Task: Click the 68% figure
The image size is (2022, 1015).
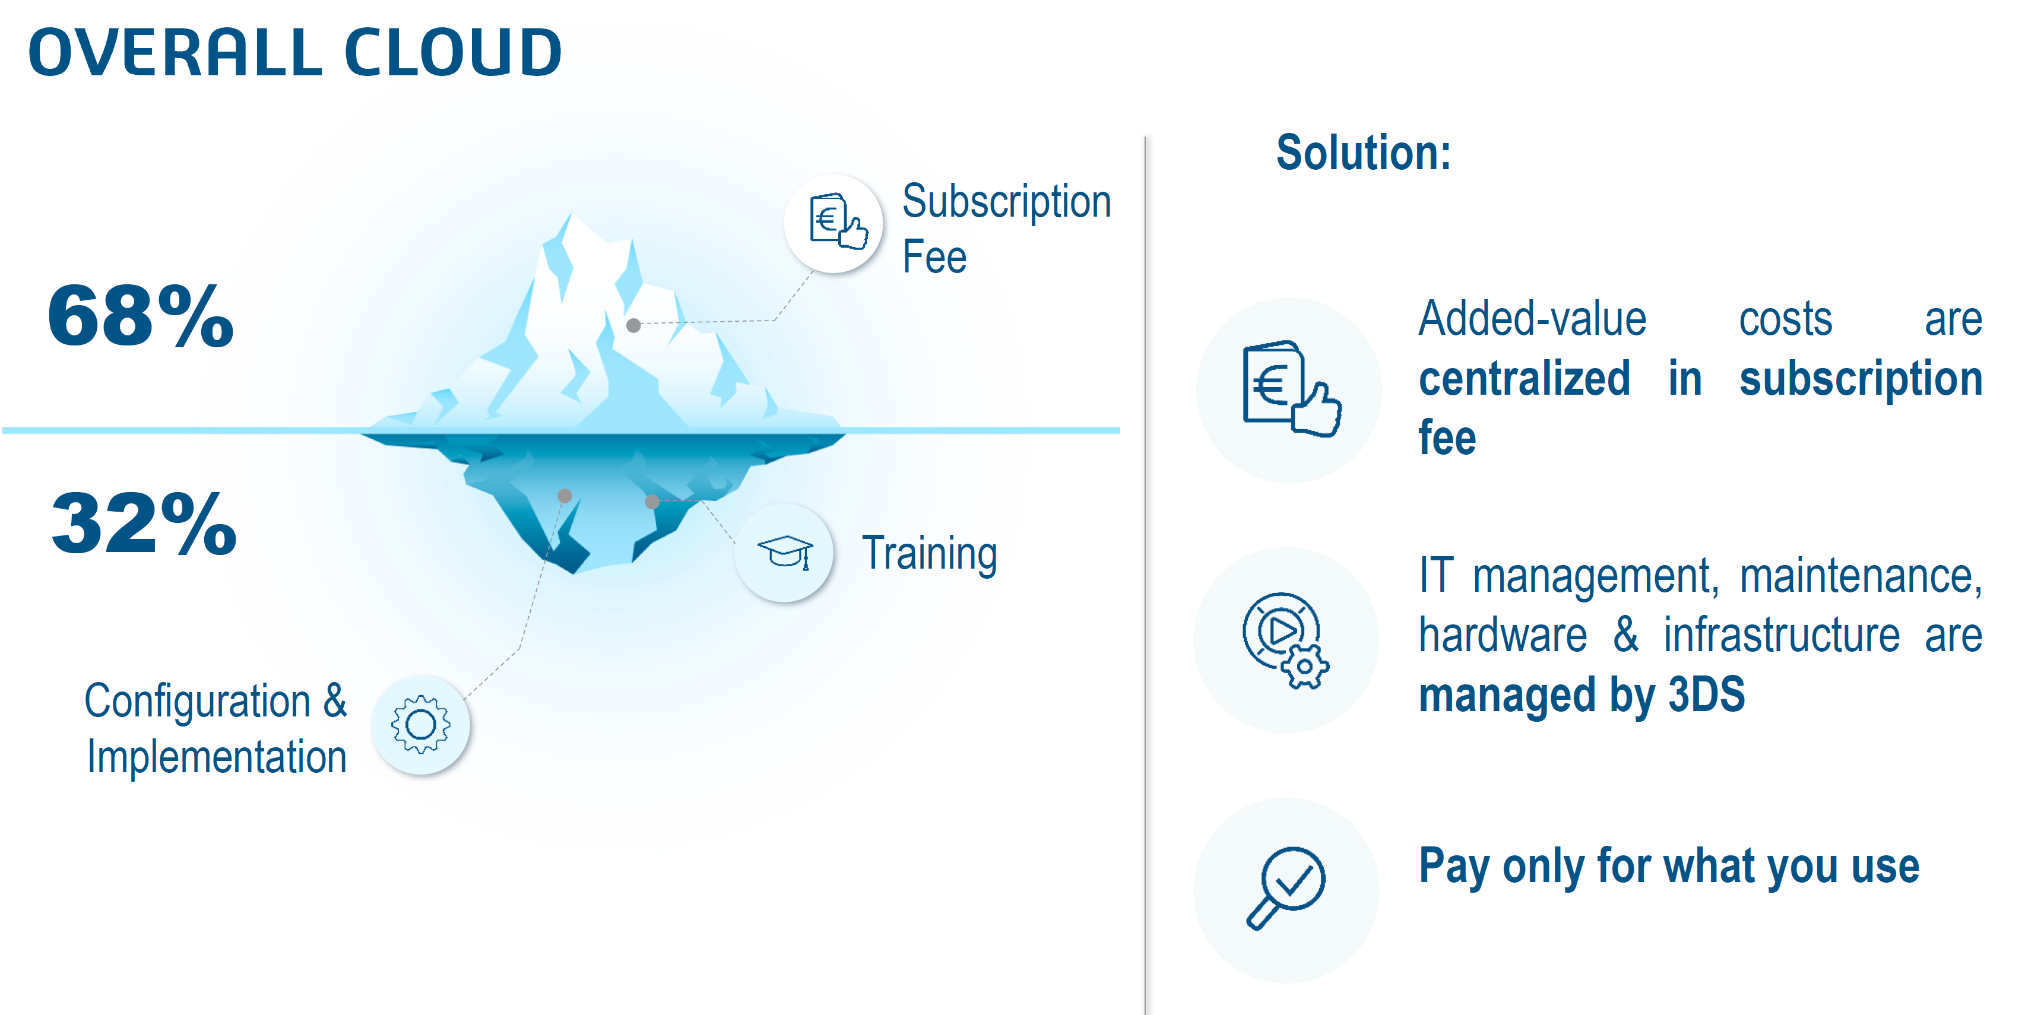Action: pyautogui.click(x=141, y=316)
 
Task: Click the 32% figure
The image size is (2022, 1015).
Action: pyautogui.click(x=144, y=524)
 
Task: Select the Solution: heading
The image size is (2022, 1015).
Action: pyautogui.click(x=1364, y=153)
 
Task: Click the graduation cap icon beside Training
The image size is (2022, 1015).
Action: pyautogui.click(x=784, y=553)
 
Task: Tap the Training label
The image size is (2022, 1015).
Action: pyautogui.click(x=929, y=553)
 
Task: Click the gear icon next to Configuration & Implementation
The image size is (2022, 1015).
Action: pyautogui.click(x=421, y=725)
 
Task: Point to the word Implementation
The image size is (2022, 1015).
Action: pyautogui.click(x=217, y=757)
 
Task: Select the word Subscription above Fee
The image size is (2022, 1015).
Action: pyautogui.click(x=1006, y=202)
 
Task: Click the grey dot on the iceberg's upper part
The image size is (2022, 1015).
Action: pyautogui.click(x=633, y=325)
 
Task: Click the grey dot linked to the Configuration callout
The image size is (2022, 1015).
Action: pyautogui.click(x=565, y=496)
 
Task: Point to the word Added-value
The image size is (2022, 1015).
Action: pyautogui.click(x=1532, y=319)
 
